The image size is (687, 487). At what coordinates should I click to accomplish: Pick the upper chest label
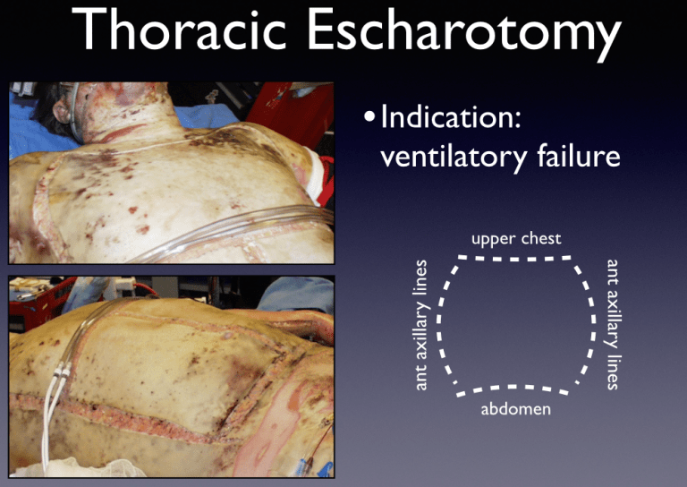516,238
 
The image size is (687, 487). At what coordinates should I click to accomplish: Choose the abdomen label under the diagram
515,409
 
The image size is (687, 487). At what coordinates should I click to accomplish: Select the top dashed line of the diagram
516,258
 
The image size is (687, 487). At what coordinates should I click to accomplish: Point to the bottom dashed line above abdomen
516,388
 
